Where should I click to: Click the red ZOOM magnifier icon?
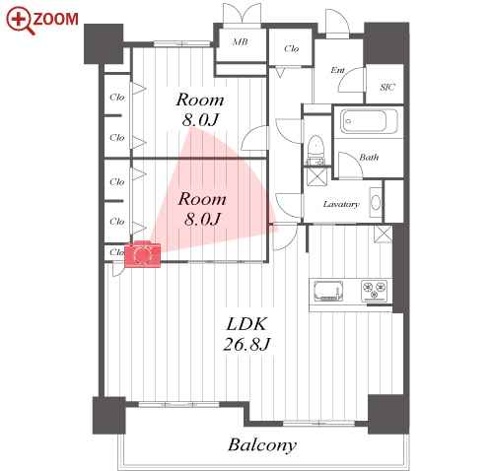pos(20,21)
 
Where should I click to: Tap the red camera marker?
pos(142,254)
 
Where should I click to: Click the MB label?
pos(241,42)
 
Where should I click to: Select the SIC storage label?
pos(387,87)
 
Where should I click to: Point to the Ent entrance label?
pos(337,70)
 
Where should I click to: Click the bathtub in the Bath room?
pos(369,121)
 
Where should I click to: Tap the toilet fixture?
pos(316,150)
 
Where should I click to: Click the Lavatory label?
pos(341,204)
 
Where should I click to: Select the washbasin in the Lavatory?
pos(376,202)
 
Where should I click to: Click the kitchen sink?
pos(328,291)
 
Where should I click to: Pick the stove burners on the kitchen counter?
pos(375,291)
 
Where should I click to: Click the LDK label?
pos(246,324)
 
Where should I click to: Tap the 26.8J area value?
pos(246,344)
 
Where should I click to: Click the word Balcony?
pos(262,445)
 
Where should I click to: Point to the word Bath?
pos(369,158)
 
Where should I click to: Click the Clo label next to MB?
pos(292,49)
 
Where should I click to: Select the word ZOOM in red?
pos(56,19)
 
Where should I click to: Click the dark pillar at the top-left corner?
pos(104,43)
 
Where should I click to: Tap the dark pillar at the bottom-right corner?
pos(388,415)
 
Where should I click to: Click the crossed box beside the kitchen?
pos(383,234)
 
